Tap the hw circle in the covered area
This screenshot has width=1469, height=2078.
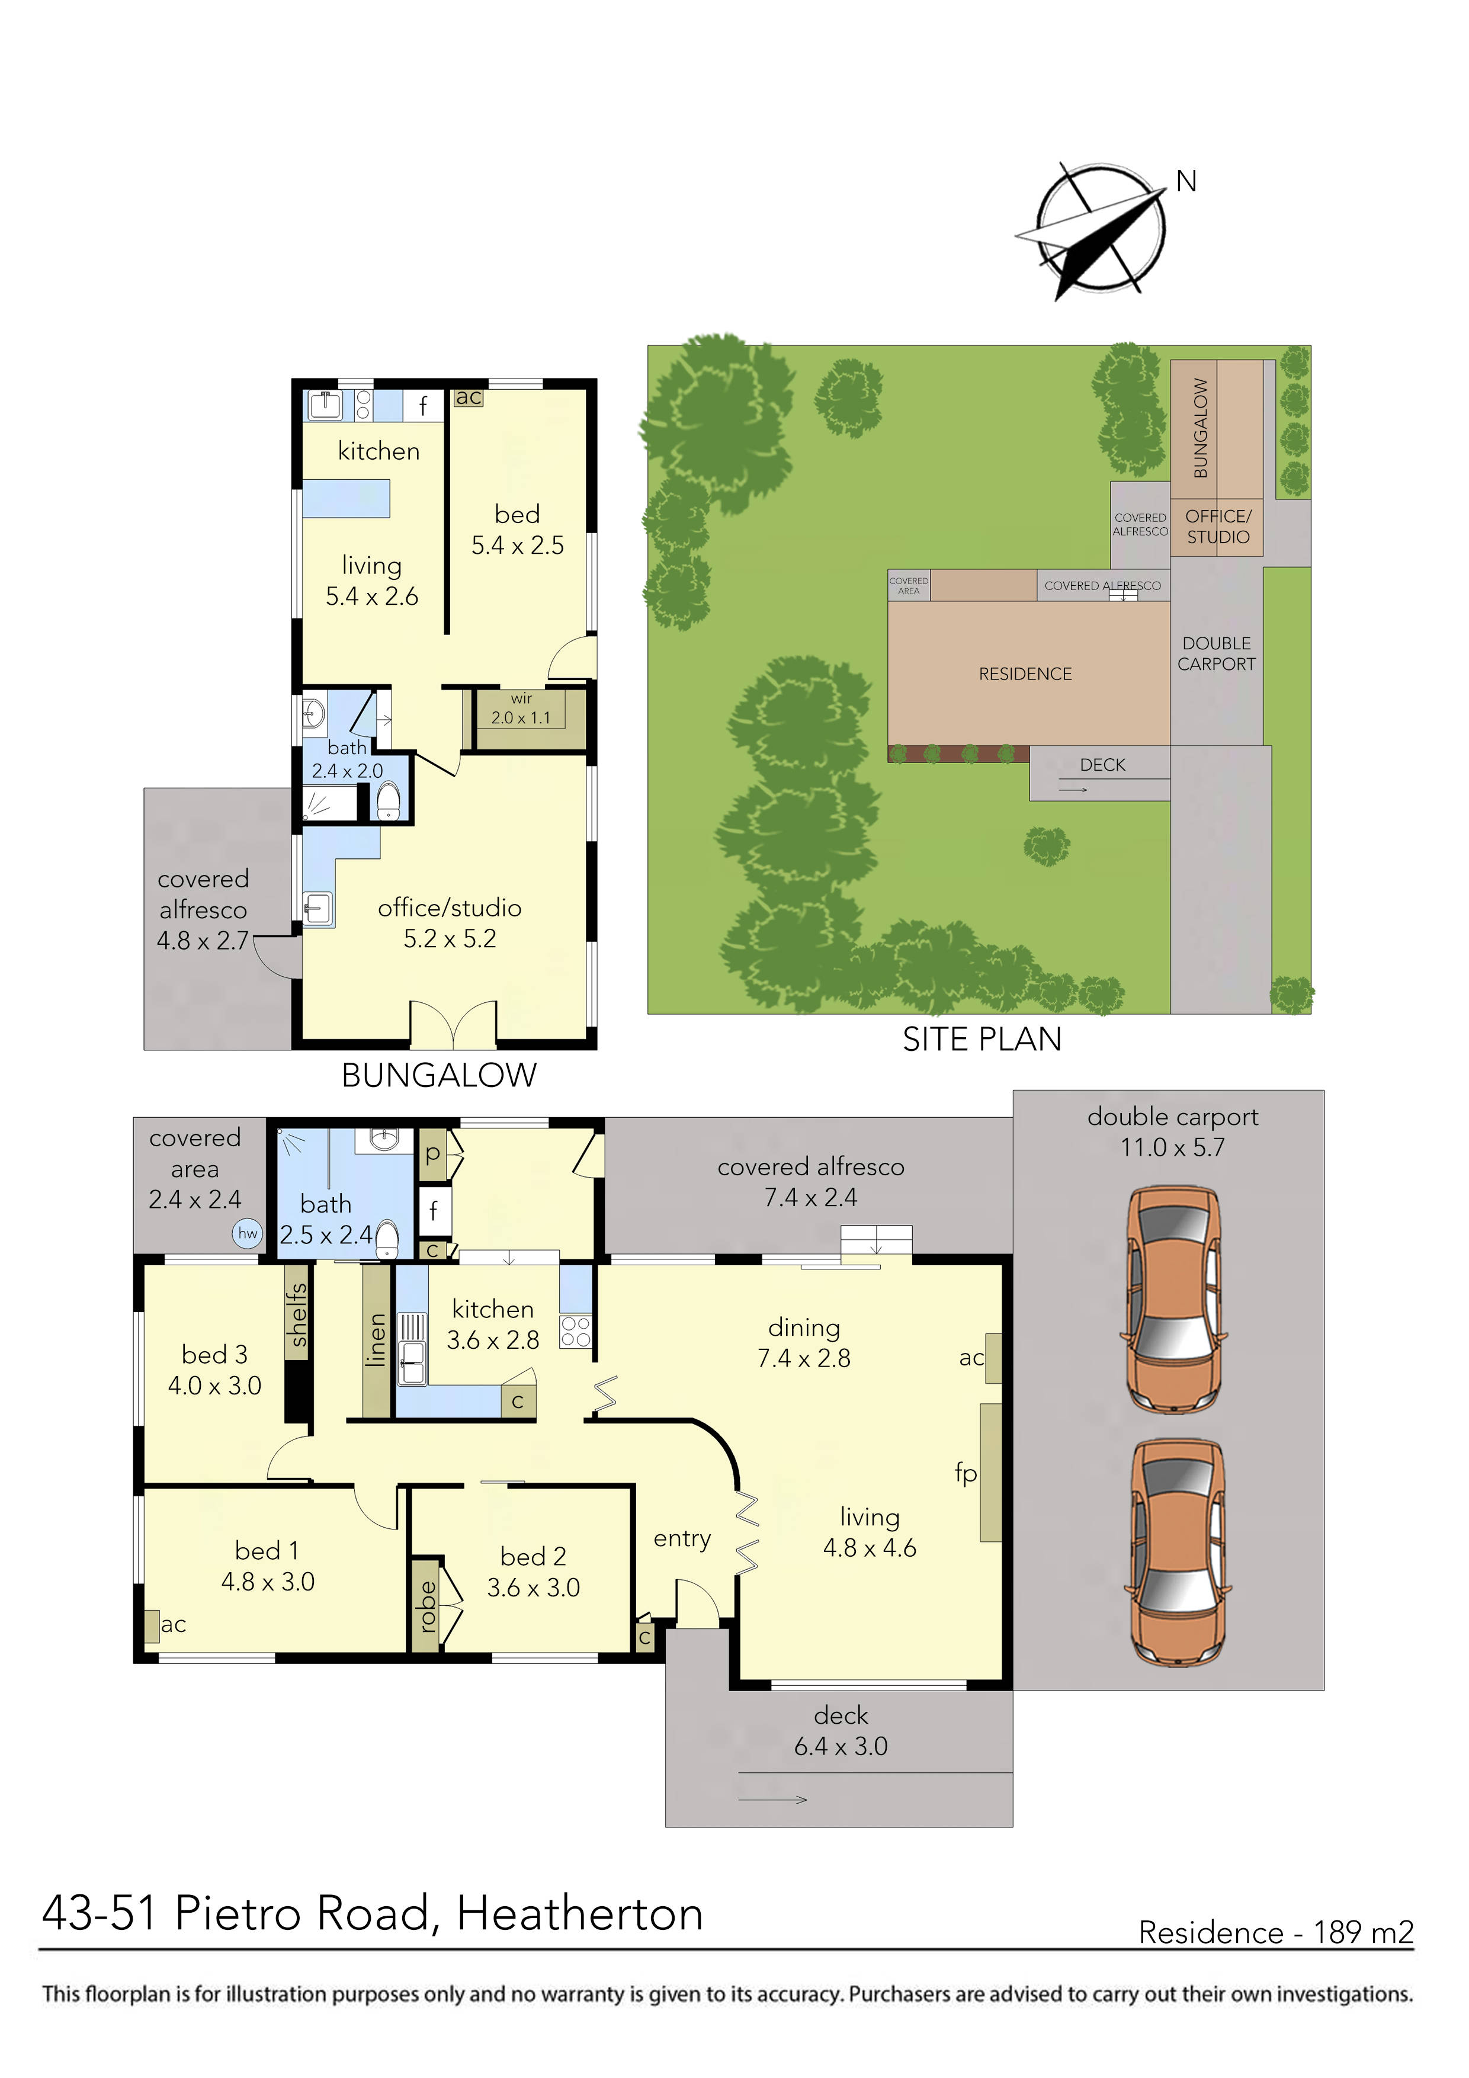pyautogui.click(x=247, y=1233)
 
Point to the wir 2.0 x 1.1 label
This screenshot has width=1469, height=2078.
pyautogui.click(x=521, y=708)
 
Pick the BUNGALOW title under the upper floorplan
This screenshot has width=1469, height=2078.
pyautogui.click(x=439, y=1075)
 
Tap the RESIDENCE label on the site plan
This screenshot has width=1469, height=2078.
pyautogui.click(x=1025, y=674)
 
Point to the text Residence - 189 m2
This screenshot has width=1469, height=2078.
pyautogui.click(x=1275, y=1932)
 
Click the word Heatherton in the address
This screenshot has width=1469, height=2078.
pyautogui.click(x=579, y=1914)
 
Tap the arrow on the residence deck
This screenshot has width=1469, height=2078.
pyautogui.click(x=773, y=1799)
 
